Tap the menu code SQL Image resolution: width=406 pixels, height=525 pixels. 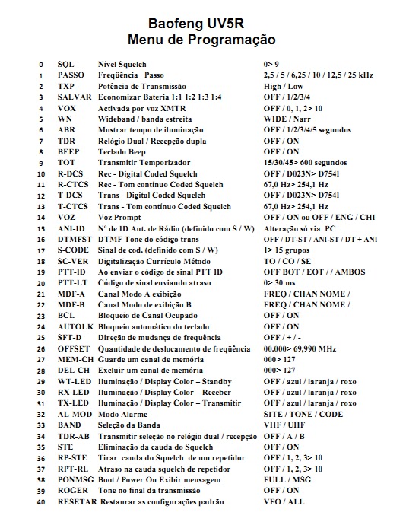click(x=65, y=65)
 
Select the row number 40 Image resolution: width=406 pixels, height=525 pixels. click(x=40, y=502)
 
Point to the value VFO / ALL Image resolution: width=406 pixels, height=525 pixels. click(x=284, y=502)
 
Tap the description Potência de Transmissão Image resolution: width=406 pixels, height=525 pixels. click(x=142, y=87)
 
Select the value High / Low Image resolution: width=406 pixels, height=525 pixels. click(x=284, y=87)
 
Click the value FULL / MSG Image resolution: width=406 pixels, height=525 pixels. click(x=287, y=480)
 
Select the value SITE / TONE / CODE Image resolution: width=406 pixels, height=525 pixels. click(x=303, y=414)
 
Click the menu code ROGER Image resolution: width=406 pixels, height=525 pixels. click(x=70, y=491)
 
